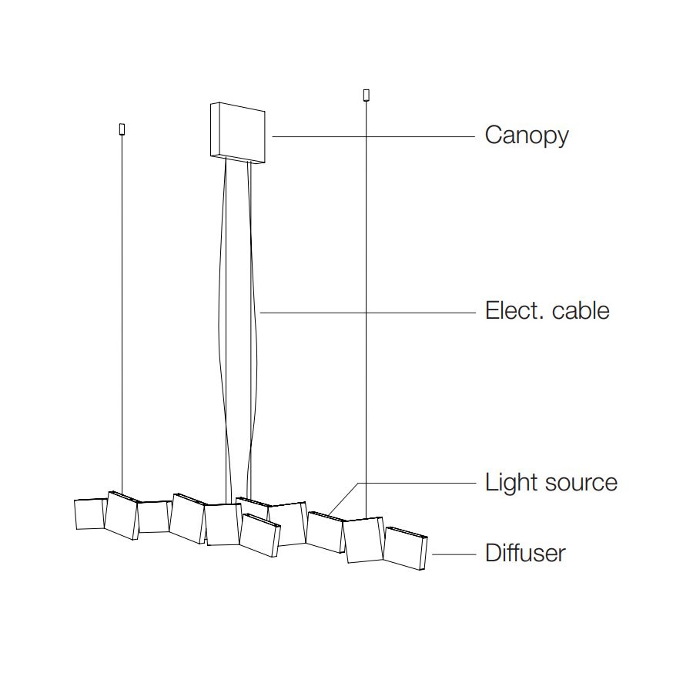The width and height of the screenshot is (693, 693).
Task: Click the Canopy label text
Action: click(x=527, y=136)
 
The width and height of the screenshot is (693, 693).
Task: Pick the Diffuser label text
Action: click(x=525, y=553)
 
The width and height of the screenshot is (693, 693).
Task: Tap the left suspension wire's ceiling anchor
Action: click(x=122, y=129)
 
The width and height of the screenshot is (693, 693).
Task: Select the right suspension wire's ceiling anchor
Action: click(x=366, y=95)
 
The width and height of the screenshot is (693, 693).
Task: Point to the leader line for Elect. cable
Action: click(x=370, y=313)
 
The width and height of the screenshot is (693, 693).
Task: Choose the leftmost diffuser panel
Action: click(x=89, y=514)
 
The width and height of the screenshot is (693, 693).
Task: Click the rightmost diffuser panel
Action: click(x=405, y=548)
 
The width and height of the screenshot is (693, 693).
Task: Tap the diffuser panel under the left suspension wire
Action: click(x=121, y=516)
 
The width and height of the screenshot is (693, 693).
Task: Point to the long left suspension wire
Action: click(x=122, y=308)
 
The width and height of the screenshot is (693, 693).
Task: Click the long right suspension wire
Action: click(x=366, y=308)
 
